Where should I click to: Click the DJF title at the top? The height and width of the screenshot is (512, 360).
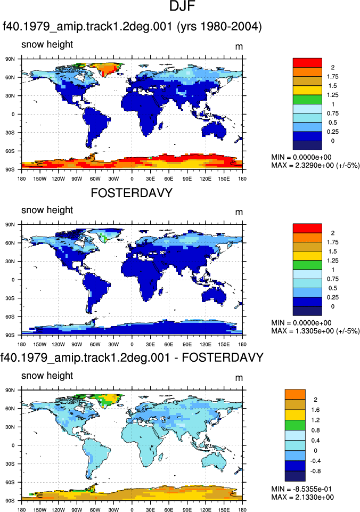point(182,6)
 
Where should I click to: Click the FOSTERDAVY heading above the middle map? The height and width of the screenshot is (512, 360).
point(132,193)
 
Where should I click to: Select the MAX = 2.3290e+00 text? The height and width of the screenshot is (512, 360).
point(315,165)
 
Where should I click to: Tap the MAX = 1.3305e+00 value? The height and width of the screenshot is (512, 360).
point(315,331)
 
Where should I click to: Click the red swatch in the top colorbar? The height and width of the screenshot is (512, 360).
point(307,63)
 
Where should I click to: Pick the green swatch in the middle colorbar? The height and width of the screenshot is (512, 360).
point(307,265)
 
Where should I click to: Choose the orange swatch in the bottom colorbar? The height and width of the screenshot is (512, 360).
point(295,394)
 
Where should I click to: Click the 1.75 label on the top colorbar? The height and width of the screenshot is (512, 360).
point(333,77)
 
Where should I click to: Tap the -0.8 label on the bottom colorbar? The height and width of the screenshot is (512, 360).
point(316,471)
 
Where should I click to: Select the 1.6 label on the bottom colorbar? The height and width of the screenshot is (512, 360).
point(316,410)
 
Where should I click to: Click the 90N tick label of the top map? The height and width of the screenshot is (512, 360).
point(10,59)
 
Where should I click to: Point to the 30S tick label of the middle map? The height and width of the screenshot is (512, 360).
point(10,298)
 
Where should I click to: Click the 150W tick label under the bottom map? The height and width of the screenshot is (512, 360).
point(40,510)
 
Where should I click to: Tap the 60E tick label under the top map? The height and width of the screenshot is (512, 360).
point(169,179)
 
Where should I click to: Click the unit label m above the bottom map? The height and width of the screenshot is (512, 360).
point(239,378)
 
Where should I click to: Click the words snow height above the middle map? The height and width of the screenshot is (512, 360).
point(47,210)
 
